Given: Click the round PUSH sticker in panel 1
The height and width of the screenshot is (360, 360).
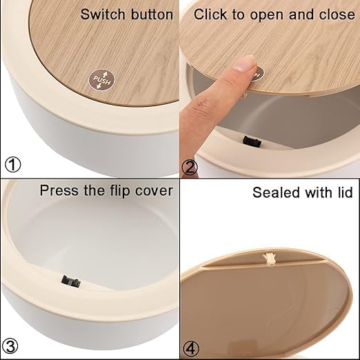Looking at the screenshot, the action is pos(101,80).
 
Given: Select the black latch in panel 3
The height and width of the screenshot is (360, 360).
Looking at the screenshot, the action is pos(71,281).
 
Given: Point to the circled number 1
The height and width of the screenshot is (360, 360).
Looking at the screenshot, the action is pos(13,165).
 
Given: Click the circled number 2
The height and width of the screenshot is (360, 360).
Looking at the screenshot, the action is pos(190,168).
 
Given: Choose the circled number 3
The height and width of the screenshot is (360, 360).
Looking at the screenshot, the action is pos(10,346).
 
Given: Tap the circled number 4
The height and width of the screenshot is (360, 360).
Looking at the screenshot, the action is pos(191,349).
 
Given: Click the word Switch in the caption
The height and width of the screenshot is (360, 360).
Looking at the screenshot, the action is pos(103,14).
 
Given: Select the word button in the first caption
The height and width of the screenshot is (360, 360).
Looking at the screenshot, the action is pos(152,14).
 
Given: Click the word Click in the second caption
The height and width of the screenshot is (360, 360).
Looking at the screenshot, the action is pos(210,14).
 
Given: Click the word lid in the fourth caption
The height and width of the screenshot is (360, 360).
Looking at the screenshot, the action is pos(346,192).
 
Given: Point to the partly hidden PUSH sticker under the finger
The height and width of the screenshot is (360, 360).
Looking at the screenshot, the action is pos(259,74).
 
